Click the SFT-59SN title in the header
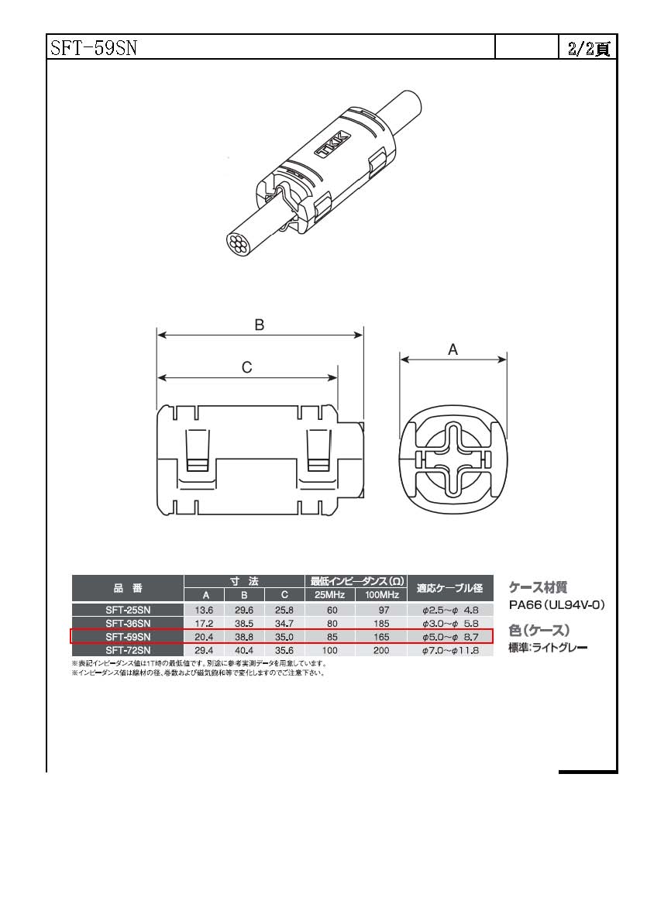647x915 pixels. [x=93, y=47]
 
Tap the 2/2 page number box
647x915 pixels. [x=588, y=47]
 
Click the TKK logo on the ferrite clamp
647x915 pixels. [x=332, y=143]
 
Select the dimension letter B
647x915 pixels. [x=260, y=325]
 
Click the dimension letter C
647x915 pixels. [x=246, y=368]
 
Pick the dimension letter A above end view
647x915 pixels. [x=453, y=349]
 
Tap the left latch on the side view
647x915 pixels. [x=196, y=450]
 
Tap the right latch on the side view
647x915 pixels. [x=318, y=450]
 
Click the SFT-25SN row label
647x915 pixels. [x=128, y=610]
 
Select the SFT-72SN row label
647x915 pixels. [x=128, y=650]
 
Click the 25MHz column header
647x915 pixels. [x=330, y=595]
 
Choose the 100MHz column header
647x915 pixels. [x=381, y=595]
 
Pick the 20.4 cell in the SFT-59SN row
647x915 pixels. [x=204, y=637]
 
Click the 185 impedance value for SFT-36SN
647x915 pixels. [x=381, y=624]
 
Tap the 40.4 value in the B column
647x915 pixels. [x=244, y=650]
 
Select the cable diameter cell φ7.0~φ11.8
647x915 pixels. [x=450, y=650]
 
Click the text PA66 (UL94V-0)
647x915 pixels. [x=556, y=605]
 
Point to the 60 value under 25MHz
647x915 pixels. [x=332, y=610]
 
